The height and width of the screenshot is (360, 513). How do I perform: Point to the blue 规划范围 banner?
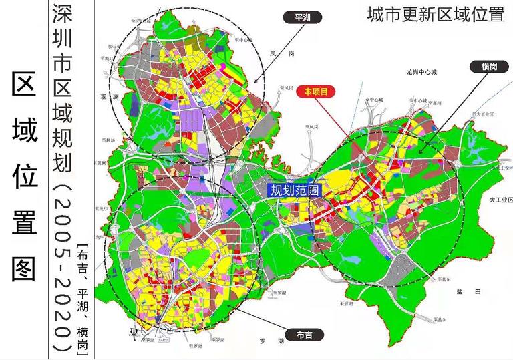(295, 190)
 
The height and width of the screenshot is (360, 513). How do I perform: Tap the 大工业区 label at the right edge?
(500, 200)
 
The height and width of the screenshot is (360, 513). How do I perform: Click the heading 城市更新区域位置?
(435, 15)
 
